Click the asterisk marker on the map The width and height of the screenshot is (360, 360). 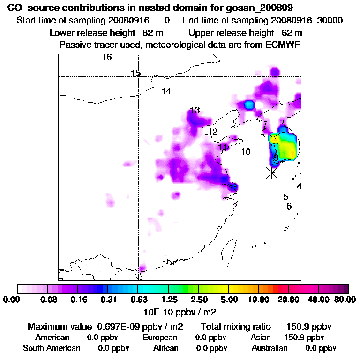point(271,172)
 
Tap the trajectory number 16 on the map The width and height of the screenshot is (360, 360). point(107,58)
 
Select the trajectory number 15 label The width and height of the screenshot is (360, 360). point(136,73)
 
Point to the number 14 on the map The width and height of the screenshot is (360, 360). point(166,91)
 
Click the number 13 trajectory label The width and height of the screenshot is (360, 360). point(195,110)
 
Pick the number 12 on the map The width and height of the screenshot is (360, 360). point(213,132)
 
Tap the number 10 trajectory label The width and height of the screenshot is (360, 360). point(246,152)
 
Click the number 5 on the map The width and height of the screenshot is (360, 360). point(285,197)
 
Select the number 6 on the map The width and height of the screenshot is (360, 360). point(289,206)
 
